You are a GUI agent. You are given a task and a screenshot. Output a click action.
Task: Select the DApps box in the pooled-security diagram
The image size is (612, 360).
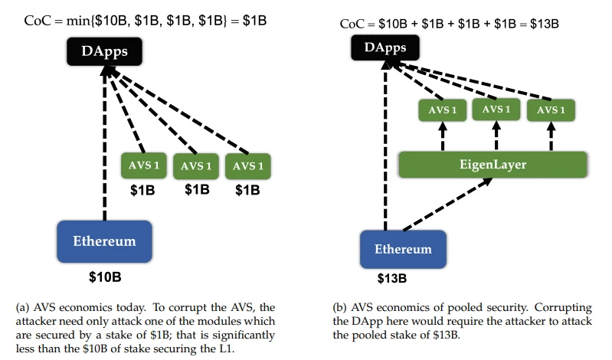click(385, 47)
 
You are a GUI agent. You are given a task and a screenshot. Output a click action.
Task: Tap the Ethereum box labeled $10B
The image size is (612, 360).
click(104, 241)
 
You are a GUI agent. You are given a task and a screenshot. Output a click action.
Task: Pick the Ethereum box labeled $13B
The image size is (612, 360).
click(402, 249)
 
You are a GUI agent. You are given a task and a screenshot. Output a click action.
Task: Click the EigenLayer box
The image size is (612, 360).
click(493, 164)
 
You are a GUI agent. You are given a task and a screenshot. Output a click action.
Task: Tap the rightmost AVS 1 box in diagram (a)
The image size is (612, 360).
click(247, 165)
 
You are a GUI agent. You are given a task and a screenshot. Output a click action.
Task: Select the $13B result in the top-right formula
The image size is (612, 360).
click(545, 24)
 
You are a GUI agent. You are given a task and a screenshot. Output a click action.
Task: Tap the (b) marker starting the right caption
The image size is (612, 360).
click(342, 307)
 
